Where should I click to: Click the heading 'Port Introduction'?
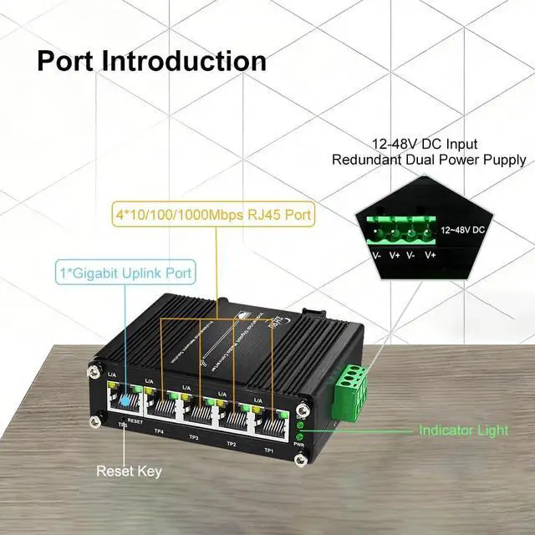pyautogui.click(x=151, y=61)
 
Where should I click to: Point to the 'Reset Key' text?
pyautogui.click(x=128, y=471)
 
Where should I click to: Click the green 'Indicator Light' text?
pyautogui.click(x=463, y=431)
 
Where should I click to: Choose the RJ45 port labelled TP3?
pyautogui.click(x=200, y=410)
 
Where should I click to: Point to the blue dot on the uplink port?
pyautogui.click(x=125, y=398)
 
